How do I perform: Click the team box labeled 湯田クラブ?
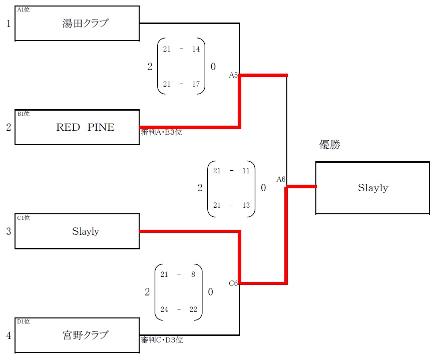77,24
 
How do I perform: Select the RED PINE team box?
77,127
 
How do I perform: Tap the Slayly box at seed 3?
77,231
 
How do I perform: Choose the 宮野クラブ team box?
77,335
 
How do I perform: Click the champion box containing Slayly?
372,188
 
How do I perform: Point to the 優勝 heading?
330,145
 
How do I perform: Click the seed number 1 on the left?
9,24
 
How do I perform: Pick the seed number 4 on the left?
9,335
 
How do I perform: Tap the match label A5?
233,75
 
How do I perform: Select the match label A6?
281,179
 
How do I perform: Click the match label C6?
233,283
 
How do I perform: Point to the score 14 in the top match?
196,49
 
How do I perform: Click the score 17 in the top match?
196,84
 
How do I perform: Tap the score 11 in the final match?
246,171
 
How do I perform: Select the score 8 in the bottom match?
193,274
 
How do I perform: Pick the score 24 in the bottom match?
165,309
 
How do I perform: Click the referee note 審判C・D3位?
162,340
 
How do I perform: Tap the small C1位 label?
24,218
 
